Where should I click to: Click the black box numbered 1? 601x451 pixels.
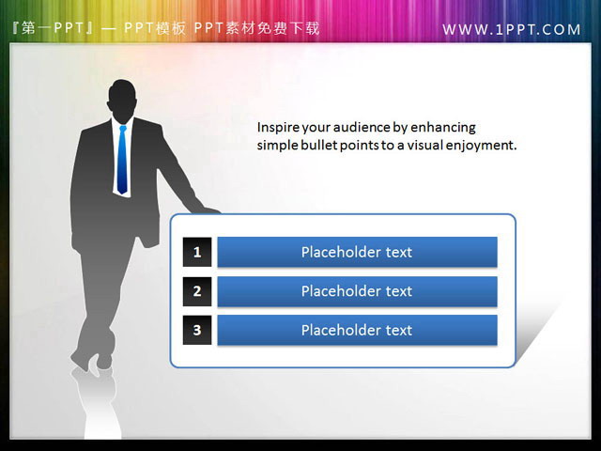click(197, 252)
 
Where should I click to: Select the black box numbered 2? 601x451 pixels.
click(197, 291)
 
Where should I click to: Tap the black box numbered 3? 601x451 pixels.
click(197, 330)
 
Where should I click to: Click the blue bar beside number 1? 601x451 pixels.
click(357, 252)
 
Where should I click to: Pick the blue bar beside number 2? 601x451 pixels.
click(357, 291)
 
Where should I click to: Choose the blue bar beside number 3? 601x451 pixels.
click(357, 330)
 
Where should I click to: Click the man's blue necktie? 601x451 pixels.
click(122, 160)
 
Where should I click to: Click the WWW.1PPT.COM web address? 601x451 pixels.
click(512, 29)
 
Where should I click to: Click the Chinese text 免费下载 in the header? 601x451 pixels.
click(288, 28)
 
